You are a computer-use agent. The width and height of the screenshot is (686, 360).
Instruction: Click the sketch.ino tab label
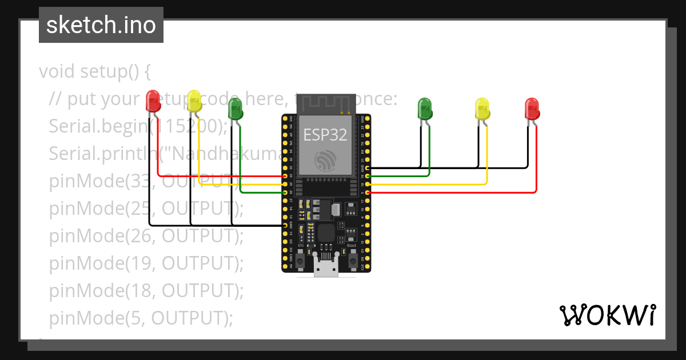pyautogui.click(x=101, y=25)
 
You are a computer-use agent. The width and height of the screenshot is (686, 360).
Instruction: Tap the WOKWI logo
pyautogui.click(x=607, y=315)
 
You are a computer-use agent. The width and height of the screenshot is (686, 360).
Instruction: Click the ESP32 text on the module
pyautogui.click(x=325, y=134)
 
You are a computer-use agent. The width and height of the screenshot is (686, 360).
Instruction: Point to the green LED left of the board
pyautogui.click(x=235, y=108)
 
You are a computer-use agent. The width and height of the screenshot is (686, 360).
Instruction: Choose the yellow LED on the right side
pyautogui.click(x=482, y=108)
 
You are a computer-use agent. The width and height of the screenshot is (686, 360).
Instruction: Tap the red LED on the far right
pyautogui.click(x=532, y=108)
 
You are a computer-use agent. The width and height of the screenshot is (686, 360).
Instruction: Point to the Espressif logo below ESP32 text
pyautogui.click(x=325, y=159)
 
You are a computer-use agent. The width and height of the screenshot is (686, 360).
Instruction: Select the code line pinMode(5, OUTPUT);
pyautogui.click(x=141, y=318)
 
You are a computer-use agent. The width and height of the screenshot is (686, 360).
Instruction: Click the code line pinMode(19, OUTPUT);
pyautogui.click(x=146, y=263)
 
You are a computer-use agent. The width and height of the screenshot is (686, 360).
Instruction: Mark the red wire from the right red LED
pyautogui.click(x=536, y=171)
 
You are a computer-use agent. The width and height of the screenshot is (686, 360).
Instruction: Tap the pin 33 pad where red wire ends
pyautogui.click(x=285, y=177)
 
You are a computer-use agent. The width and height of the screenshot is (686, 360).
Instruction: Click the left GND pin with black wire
pyautogui.click(x=285, y=226)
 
